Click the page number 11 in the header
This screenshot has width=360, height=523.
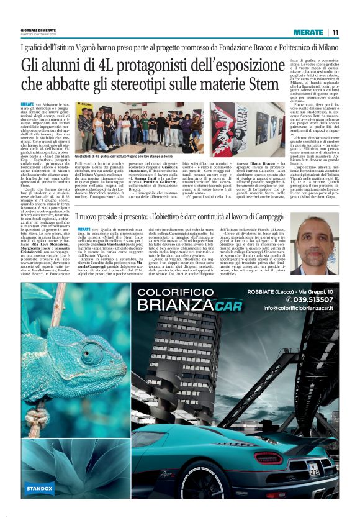(x=335, y=32)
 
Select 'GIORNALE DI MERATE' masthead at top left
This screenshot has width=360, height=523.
(x=37, y=30)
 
